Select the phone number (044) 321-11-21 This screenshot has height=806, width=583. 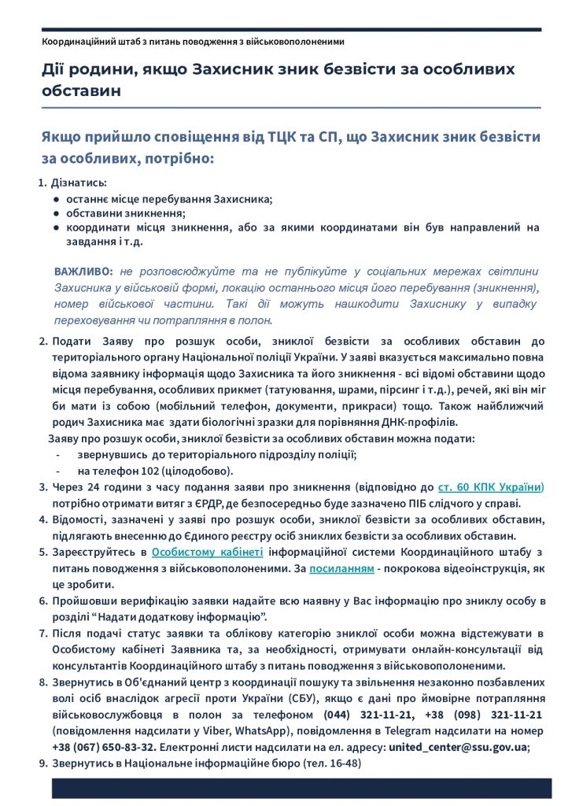click(361, 715)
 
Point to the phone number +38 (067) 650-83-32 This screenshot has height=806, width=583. click(104, 747)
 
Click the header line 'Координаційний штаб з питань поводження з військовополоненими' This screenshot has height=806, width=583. click(193, 41)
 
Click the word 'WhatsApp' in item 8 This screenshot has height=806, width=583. click(239, 731)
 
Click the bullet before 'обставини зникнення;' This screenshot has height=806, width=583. click(57, 213)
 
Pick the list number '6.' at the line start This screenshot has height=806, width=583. click(44, 601)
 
